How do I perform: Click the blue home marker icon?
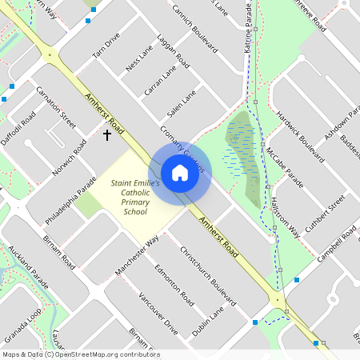click(180, 172)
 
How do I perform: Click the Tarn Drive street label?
click(106, 46)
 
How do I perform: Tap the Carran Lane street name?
click(160, 82)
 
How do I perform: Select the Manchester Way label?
click(137, 255)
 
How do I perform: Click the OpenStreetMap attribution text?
click(80, 354)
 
